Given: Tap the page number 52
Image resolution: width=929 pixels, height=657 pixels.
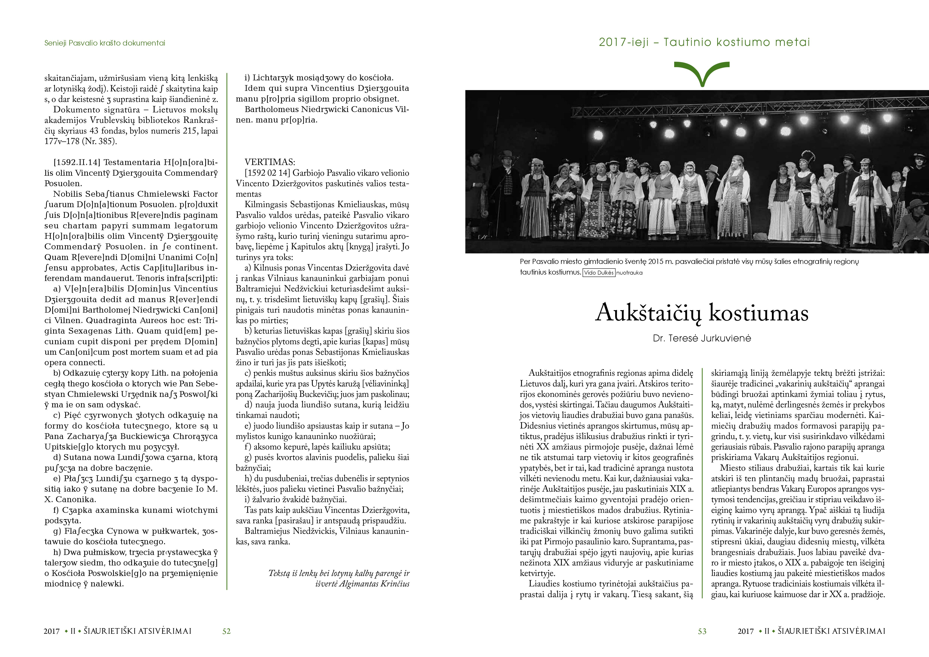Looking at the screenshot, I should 227,631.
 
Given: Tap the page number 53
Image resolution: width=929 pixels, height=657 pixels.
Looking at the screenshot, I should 702,631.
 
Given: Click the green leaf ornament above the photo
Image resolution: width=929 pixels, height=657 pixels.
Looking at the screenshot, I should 702,73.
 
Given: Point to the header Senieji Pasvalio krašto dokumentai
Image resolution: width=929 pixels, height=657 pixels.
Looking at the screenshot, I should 105,43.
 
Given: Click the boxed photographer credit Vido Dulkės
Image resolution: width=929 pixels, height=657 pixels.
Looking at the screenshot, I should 599,273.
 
